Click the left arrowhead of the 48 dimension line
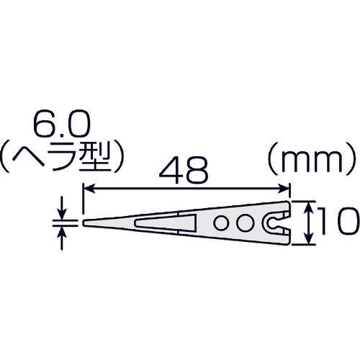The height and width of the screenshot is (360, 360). click(89, 190)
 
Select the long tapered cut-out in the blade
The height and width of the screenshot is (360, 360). click(162, 220)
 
